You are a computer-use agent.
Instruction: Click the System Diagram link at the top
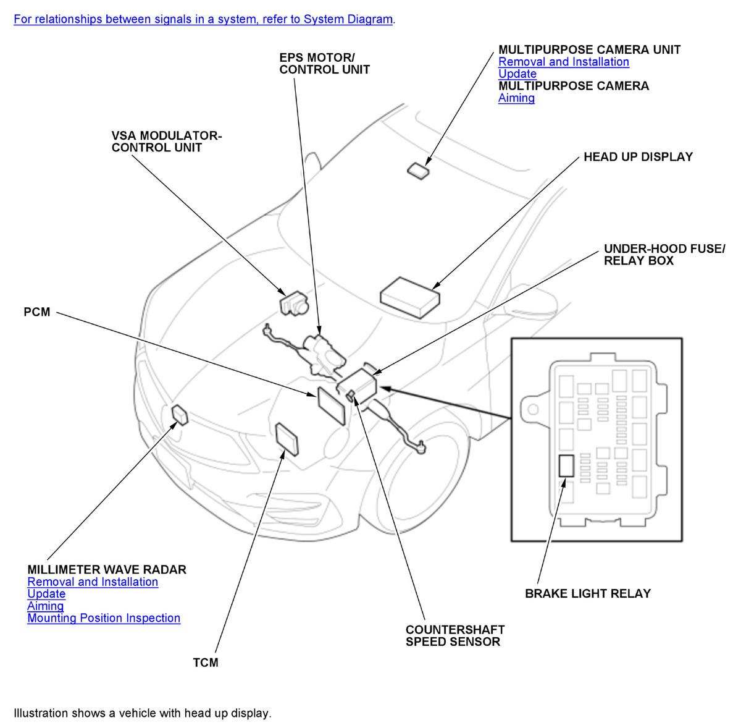pyautogui.click(x=203, y=19)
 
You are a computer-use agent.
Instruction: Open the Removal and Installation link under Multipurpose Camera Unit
pyautogui.click(x=563, y=62)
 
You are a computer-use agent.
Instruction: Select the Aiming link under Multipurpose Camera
pyautogui.click(x=516, y=98)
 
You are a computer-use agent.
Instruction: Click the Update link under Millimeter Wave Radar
pyautogui.click(x=46, y=594)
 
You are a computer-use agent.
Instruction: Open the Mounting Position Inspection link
pyautogui.click(x=104, y=618)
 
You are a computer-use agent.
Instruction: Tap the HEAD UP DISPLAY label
pyautogui.click(x=638, y=157)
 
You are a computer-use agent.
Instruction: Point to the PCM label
pyautogui.click(x=37, y=312)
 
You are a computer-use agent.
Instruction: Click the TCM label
pyautogui.click(x=206, y=663)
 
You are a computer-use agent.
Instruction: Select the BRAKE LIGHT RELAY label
pyautogui.click(x=588, y=593)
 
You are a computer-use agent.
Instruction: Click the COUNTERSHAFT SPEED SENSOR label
pyautogui.click(x=455, y=635)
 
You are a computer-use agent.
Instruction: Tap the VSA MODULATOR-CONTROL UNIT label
pyautogui.click(x=166, y=142)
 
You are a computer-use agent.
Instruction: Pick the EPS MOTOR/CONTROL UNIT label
pyautogui.click(x=324, y=64)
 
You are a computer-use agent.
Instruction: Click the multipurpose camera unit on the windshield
pyautogui.click(x=419, y=171)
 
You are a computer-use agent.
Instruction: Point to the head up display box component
pyautogui.click(x=409, y=295)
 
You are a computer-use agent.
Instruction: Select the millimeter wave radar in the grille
pyautogui.click(x=180, y=415)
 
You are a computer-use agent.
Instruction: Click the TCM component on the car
pyautogui.click(x=287, y=439)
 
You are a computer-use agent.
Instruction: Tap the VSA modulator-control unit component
pyautogui.click(x=293, y=302)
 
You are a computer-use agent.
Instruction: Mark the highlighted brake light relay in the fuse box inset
pyautogui.click(x=566, y=465)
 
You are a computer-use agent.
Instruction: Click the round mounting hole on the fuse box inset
pyautogui.click(x=531, y=409)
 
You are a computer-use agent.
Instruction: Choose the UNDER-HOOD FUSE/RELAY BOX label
pyautogui.click(x=664, y=255)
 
